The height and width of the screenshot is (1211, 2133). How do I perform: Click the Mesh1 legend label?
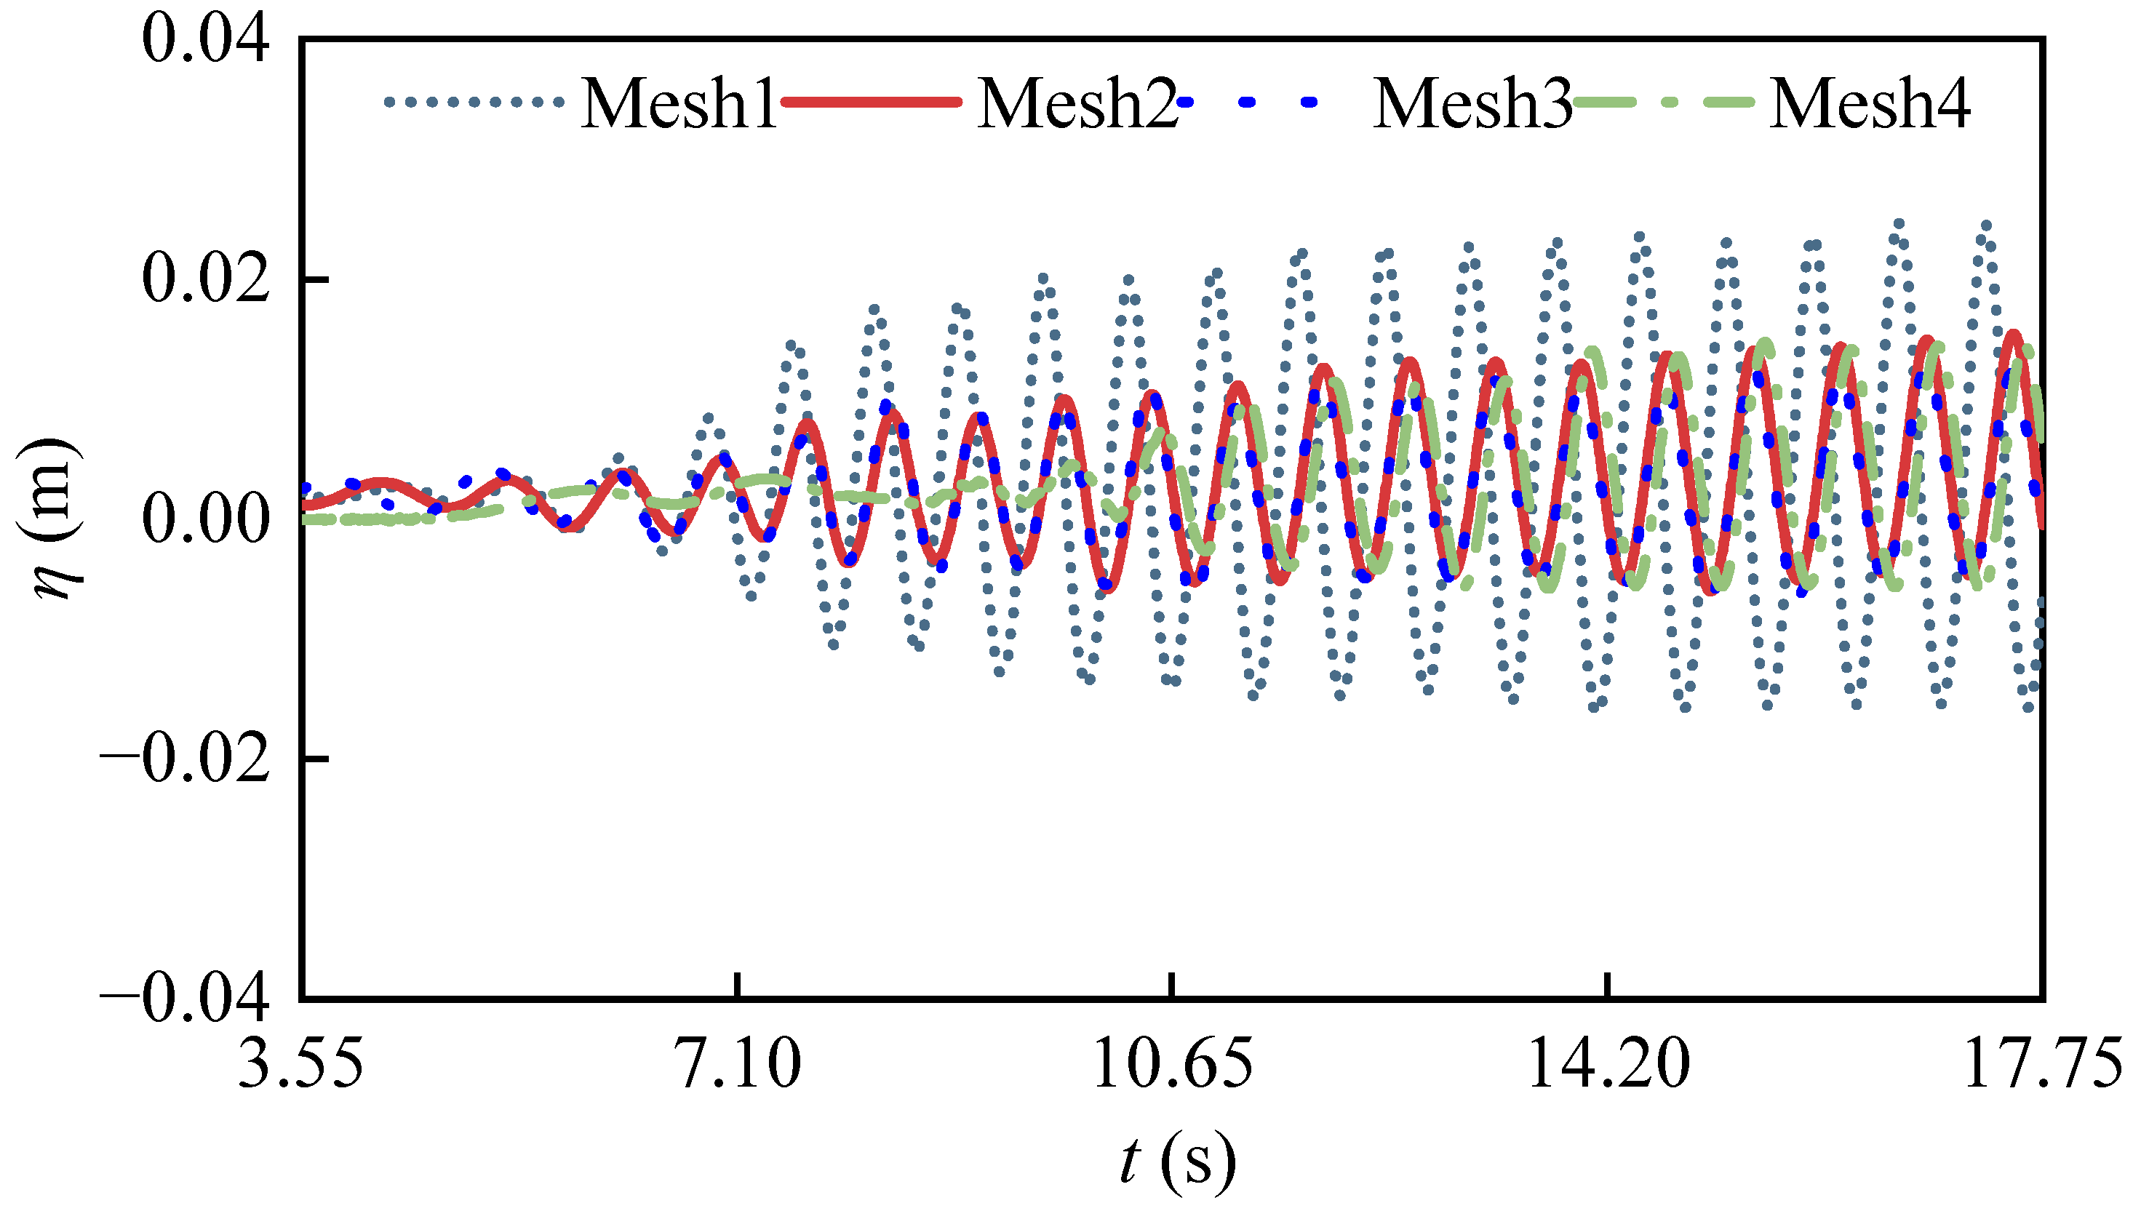(678, 103)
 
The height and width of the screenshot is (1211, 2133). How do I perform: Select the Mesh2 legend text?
(1077, 103)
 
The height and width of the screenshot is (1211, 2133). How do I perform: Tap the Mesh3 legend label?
(1472, 103)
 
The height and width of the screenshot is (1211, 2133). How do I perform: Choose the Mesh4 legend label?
(1868, 103)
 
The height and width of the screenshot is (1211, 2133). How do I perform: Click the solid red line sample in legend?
(871, 103)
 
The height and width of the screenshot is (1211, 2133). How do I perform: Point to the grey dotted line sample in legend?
(474, 103)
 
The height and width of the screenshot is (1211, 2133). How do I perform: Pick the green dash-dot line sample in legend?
(1664, 103)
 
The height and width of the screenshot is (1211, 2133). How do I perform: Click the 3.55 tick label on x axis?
(300, 1065)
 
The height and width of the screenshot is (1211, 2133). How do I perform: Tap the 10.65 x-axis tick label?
(1172, 1065)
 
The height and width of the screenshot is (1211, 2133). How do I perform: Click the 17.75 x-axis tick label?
(2042, 1065)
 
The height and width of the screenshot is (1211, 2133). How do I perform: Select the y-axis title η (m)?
(52, 519)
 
